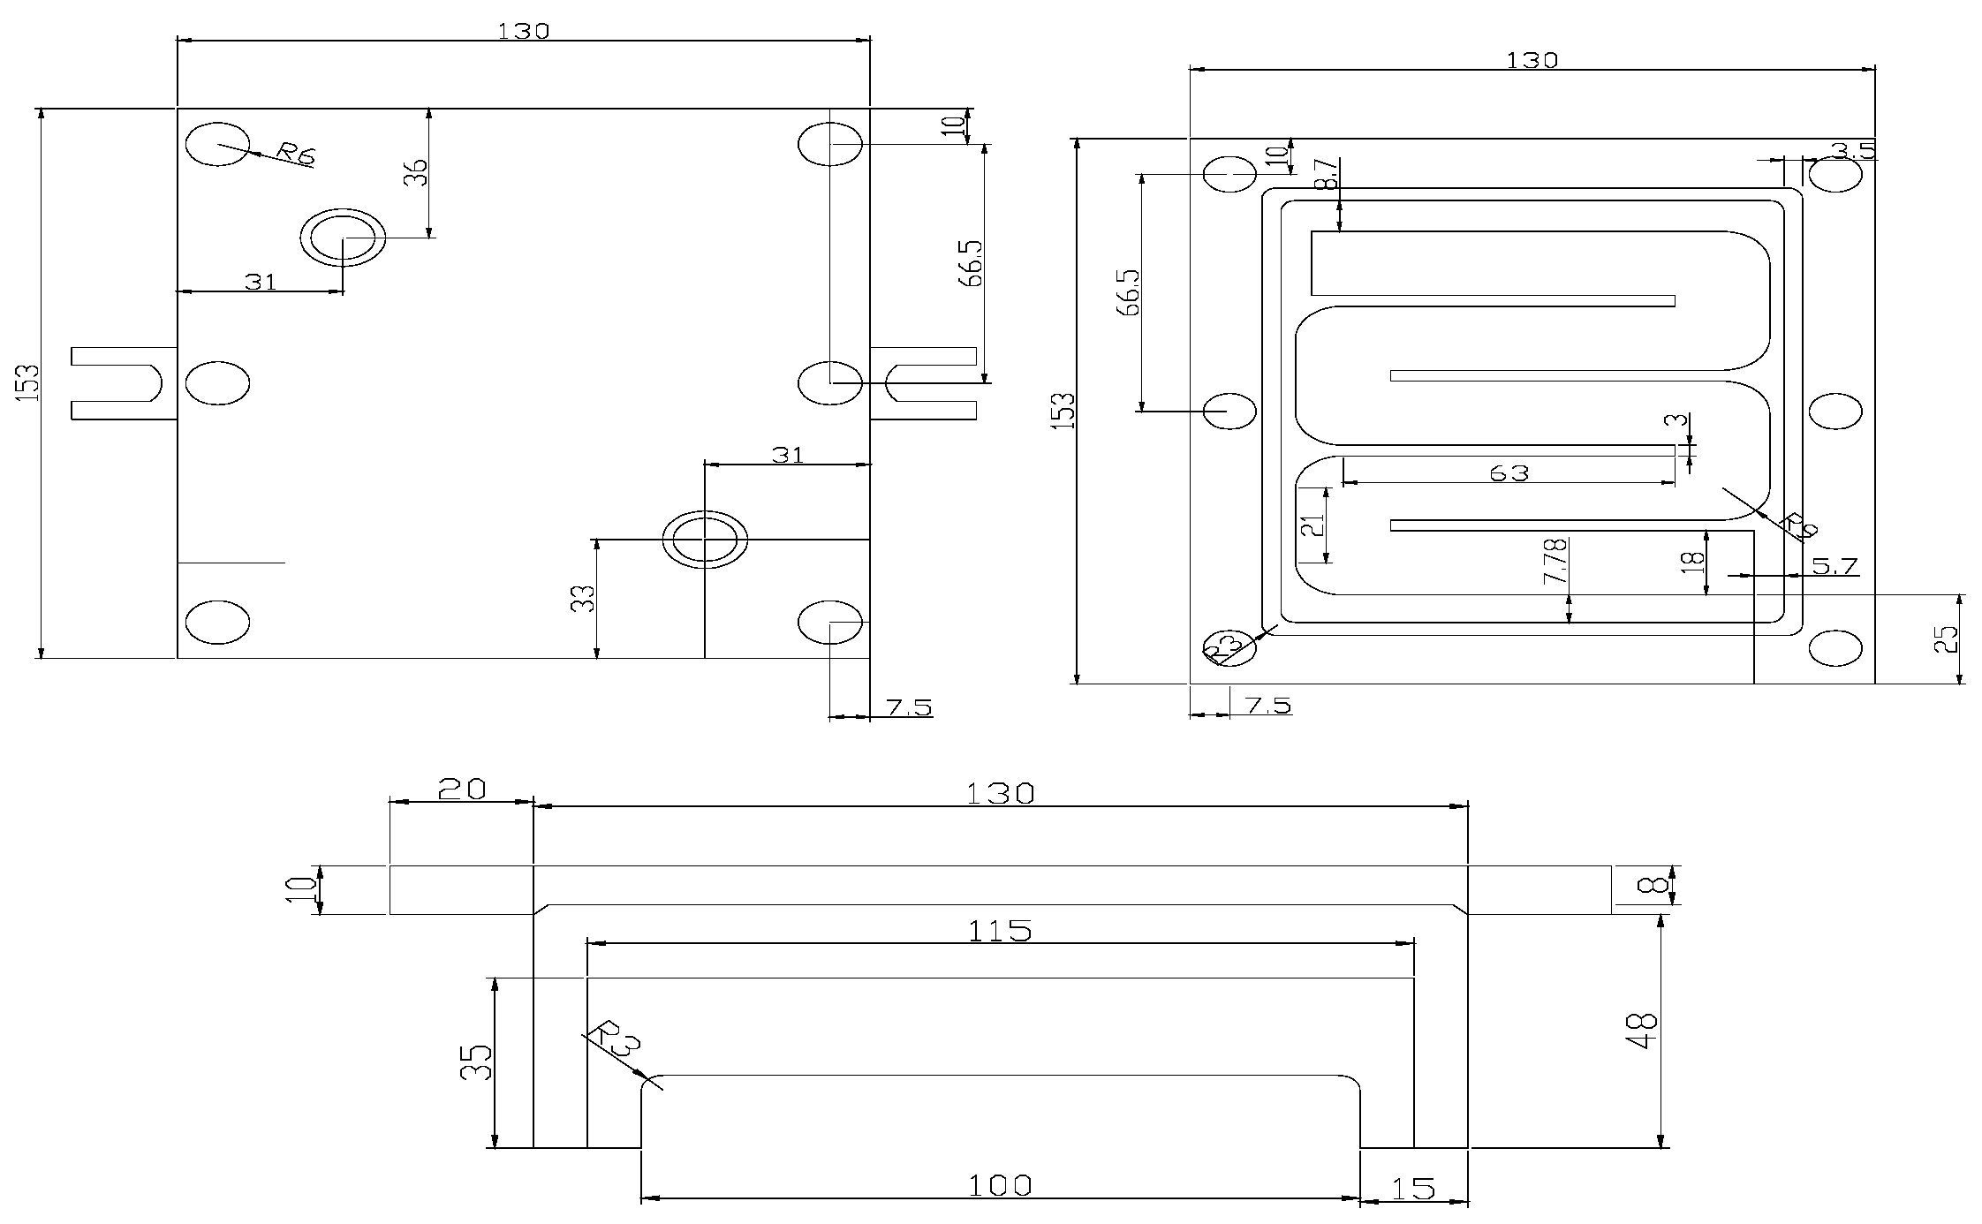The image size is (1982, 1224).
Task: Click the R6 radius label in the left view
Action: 295,154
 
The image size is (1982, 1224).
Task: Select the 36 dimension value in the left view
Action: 417,171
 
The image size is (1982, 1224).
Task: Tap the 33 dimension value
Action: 584,599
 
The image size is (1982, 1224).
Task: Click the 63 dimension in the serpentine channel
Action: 1509,473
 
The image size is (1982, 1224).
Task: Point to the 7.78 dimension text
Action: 1555,562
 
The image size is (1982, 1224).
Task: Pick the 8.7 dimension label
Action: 1327,176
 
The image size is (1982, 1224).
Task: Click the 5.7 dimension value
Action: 1834,566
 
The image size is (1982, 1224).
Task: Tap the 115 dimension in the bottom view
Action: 999,931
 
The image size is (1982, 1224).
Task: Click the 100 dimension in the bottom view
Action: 999,1185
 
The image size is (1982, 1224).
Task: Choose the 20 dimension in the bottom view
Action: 462,789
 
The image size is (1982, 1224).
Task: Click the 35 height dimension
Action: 477,1062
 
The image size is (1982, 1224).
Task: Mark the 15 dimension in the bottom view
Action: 1413,1189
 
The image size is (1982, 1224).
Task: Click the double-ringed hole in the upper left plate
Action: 343,238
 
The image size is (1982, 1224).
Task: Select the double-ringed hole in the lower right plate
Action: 705,539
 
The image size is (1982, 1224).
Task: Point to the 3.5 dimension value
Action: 1853,151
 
